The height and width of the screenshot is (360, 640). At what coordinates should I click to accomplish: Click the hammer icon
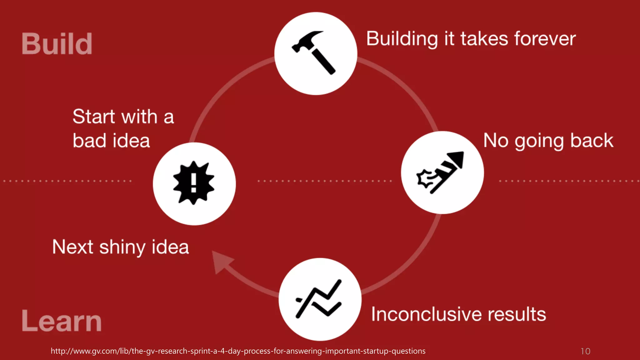(x=314, y=52)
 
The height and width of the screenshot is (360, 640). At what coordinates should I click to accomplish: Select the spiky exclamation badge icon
(x=194, y=183)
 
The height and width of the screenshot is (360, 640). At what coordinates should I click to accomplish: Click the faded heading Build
(x=57, y=44)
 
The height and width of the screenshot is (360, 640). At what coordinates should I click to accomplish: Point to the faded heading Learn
(x=62, y=321)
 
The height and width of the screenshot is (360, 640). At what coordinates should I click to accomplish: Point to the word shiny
(x=122, y=247)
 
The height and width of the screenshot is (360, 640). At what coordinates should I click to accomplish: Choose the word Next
(x=72, y=247)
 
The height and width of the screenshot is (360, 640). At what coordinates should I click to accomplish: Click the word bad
(x=89, y=141)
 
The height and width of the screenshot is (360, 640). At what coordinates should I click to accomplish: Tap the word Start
(x=94, y=117)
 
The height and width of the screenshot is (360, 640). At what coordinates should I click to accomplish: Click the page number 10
(x=585, y=351)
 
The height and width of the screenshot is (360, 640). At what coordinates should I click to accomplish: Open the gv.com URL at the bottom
(x=238, y=351)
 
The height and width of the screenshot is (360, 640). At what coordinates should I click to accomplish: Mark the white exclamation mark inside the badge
(x=194, y=182)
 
